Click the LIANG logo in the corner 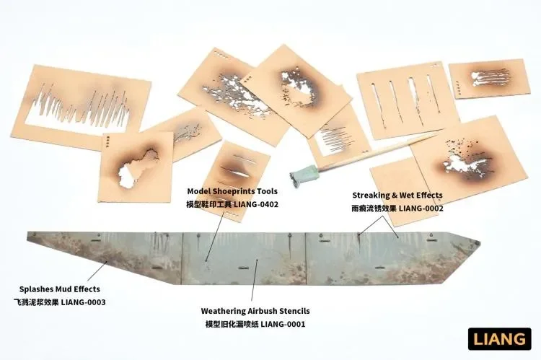point(499,339)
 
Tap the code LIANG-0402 point(256,204)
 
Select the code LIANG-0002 point(421,208)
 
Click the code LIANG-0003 point(83,302)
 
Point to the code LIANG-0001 point(283,324)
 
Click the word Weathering point(223,311)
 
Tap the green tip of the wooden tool point(304,175)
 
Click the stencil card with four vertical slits point(407,101)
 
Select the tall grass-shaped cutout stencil point(81,107)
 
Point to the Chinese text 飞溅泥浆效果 point(36,302)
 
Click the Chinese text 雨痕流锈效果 point(374,208)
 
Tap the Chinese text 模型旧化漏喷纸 point(232,324)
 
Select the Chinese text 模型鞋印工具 point(208,204)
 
